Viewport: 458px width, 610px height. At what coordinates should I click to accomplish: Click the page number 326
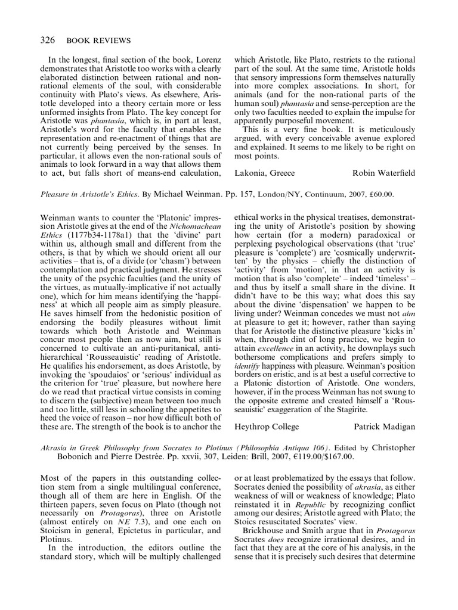click(48, 41)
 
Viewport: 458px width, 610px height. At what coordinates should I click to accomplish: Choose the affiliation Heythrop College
click(267, 427)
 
